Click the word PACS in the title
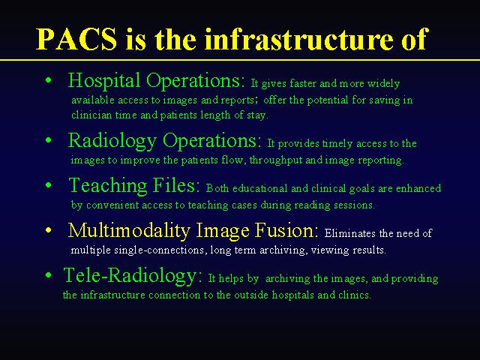(x=76, y=39)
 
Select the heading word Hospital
(x=104, y=81)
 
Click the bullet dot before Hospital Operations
(x=48, y=80)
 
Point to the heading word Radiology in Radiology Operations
(x=112, y=141)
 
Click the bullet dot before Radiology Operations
(x=48, y=140)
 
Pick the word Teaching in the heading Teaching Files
(x=108, y=186)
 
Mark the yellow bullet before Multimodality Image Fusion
(x=48, y=230)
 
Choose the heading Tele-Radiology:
(x=133, y=275)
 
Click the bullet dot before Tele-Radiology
(x=48, y=275)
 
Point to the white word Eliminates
(x=350, y=233)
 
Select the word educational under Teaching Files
(x=260, y=188)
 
